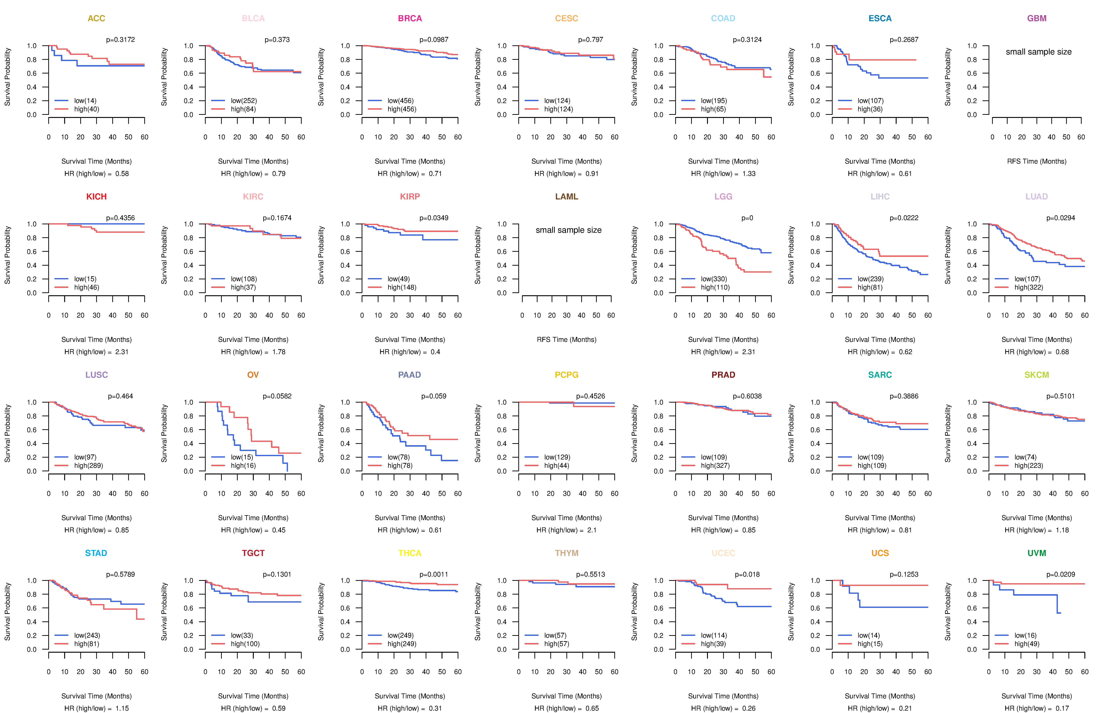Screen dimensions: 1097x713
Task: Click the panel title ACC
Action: [96, 18]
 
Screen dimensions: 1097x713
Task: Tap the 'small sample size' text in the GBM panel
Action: [1038, 52]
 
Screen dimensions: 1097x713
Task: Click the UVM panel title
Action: [1037, 553]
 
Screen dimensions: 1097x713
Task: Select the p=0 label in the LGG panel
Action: [747, 218]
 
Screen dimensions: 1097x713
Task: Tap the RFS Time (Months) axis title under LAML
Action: [566, 340]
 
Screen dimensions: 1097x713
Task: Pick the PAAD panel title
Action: [410, 375]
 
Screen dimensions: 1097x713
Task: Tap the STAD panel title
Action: [96, 553]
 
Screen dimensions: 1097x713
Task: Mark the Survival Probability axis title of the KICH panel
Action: [7, 255]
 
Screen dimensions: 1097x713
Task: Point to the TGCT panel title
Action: [253, 553]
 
